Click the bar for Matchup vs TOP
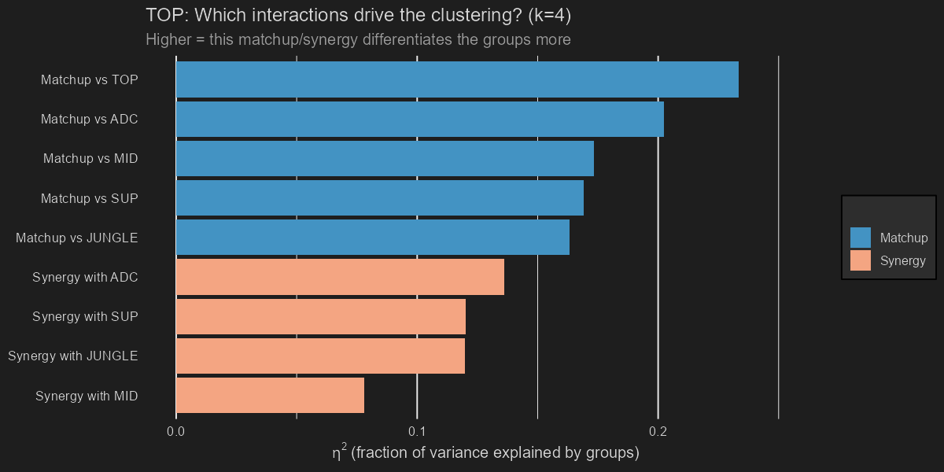(x=457, y=79)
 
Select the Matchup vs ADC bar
(x=420, y=119)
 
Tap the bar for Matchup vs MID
(x=385, y=158)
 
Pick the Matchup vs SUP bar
(x=380, y=198)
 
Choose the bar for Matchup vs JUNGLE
(x=373, y=238)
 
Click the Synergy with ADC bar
(x=340, y=277)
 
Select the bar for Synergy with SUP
(x=321, y=316)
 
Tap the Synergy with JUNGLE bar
(x=320, y=356)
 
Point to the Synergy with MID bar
(x=270, y=395)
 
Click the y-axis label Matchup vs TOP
(x=90, y=79)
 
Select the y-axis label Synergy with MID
(x=87, y=396)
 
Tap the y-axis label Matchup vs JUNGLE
(x=77, y=238)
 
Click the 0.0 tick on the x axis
(x=176, y=431)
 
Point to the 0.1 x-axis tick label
(x=417, y=431)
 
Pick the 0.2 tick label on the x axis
(x=658, y=431)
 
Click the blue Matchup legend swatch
(x=861, y=238)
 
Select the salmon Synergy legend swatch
(x=861, y=260)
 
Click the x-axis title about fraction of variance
(x=485, y=452)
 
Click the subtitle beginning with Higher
(x=358, y=39)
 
